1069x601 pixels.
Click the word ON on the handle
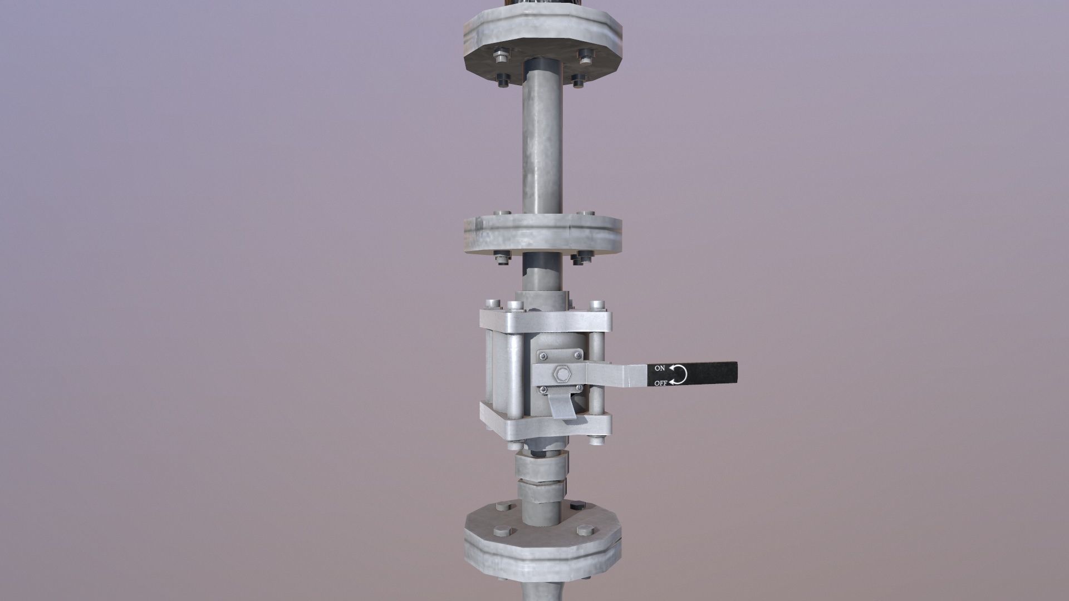click(x=660, y=368)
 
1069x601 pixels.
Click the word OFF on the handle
click(x=660, y=383)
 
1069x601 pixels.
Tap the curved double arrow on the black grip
click(x=678, y=375)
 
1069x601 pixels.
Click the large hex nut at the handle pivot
click(x=560, y=375)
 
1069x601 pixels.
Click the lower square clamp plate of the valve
click(x=546, y=426)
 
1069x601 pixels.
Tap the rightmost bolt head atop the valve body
click(x=597, y=305)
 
